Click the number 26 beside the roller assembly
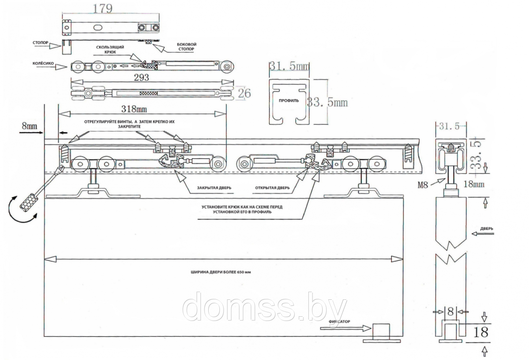pos(244,93)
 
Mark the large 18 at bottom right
pos(483,332)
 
